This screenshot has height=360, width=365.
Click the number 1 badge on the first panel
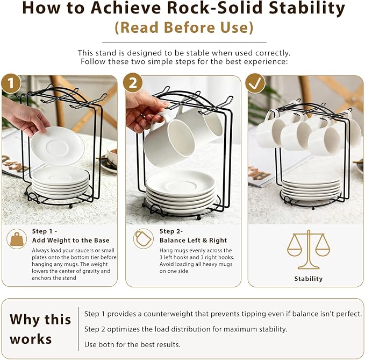click(x=11, y=83)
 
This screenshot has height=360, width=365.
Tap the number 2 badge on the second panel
click(x=133, y=83)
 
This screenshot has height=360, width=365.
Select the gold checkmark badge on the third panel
click(x=255, y=83)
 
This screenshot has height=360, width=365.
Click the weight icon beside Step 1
click(x=17, y=239)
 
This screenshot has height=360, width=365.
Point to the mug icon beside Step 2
click(x=144, y=238)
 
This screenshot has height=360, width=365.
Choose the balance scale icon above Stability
click(x=309, y=250)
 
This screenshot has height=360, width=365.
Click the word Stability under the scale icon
click(x=309, y=279)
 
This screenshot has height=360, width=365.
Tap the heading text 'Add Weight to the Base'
click(x=71, y=240)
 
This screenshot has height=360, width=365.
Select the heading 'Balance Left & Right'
click(x=193, y=240)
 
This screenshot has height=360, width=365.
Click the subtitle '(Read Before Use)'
click(x=184, y=27)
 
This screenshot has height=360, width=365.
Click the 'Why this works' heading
click(x=40, y=329)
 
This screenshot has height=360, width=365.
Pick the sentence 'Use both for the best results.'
click(x=132, y=344)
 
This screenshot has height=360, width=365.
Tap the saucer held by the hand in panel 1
click(x=58, y=146)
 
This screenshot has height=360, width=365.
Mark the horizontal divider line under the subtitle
click(x=184, y=43)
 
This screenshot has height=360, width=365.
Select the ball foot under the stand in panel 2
click(x=198, y=218)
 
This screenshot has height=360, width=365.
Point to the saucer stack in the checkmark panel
click(x=311, y=188)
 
